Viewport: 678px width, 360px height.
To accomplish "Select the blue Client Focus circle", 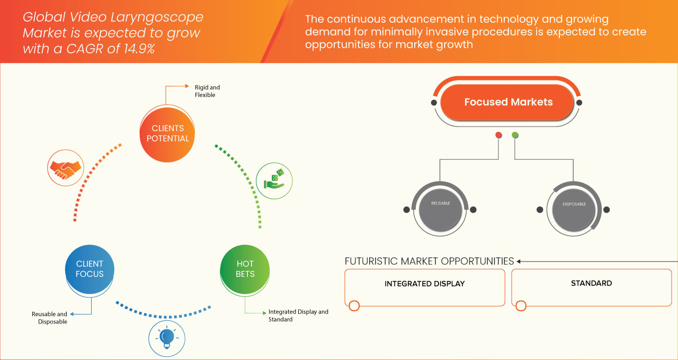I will coord(90,268).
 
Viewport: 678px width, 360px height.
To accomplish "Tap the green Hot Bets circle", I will coord(245,268).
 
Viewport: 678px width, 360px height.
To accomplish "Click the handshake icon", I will coord(65,168).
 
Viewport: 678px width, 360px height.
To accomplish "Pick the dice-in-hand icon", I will coord(274,179).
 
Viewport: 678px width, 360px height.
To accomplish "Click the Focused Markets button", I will coord(508,102).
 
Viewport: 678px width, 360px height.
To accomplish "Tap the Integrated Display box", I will coord(424,287).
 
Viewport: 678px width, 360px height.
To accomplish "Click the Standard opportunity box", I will coord(591,287).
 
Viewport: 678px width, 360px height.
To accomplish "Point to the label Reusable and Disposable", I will coord(49,318).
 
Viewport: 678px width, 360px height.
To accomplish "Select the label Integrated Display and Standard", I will coord(298,316).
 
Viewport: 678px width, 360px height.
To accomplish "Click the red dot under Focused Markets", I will coord(498,136).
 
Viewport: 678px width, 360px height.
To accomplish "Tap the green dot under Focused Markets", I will coord(515,136).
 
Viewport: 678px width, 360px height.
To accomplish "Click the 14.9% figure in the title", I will coord(135,48).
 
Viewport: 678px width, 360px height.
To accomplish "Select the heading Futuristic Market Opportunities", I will coord(429,261).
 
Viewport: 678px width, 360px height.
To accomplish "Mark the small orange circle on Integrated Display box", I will coord(354,305).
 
